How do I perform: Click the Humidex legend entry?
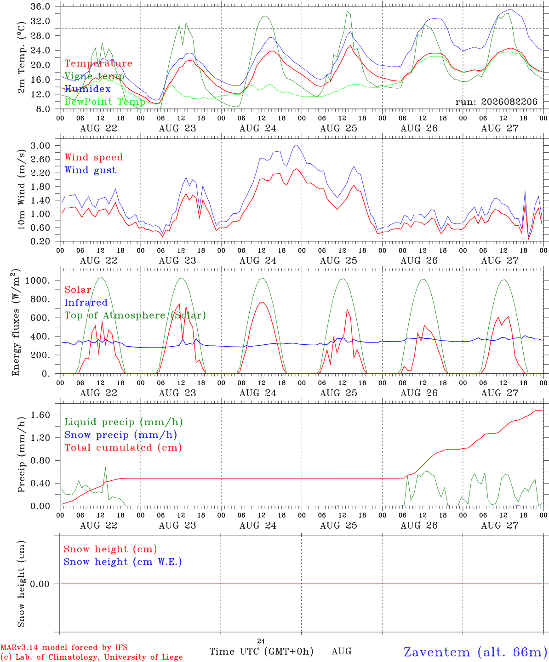pos(87,89)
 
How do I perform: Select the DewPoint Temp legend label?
pos(105,102)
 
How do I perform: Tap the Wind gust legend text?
pos(91,170)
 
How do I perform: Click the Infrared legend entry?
pos(86,302)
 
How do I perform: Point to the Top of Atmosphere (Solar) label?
pos(136,315)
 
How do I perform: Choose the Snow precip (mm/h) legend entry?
pos(121,435)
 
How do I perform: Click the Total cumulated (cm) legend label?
pos(123,447)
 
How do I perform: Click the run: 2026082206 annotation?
pos(496,102)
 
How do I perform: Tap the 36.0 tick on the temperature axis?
pos(40,6)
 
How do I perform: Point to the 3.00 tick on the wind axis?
pos(40,146)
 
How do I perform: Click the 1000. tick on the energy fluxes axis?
pos(37,280)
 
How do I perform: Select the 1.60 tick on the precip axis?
pos(40,415)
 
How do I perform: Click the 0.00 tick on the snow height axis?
pos(40,584)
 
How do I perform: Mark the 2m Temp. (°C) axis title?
pos(21,58)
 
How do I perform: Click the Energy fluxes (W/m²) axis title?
pos(16,322)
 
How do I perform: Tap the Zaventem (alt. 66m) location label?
pos(476,651)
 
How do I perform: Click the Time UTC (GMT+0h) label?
pos(261,651)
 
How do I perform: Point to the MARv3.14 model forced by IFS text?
pos(64,647)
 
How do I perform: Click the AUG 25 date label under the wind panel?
pos(338,261)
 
